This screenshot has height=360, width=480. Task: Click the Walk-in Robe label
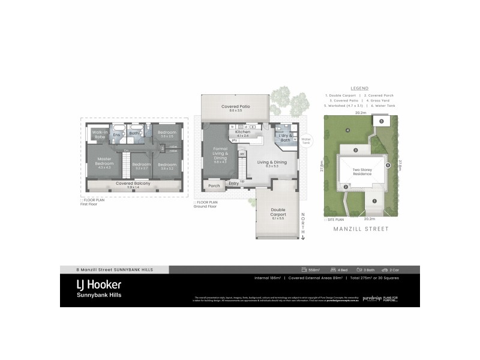(100, 134)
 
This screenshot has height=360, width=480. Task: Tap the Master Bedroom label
(104, 161)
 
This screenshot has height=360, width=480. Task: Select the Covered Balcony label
(134, 184)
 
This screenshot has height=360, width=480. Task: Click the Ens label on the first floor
(118, 134)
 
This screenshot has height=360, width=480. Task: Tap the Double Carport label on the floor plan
(278, 212)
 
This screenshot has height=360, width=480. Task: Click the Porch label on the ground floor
(214, 185)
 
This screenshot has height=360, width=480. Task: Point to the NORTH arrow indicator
(303, 224)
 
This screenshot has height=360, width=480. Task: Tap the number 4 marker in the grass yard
(347, 130)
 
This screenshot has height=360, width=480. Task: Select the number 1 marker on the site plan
(374, 200)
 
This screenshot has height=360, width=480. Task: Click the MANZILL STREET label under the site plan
(361, 229)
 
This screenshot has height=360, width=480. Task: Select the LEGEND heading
(361, 88)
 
